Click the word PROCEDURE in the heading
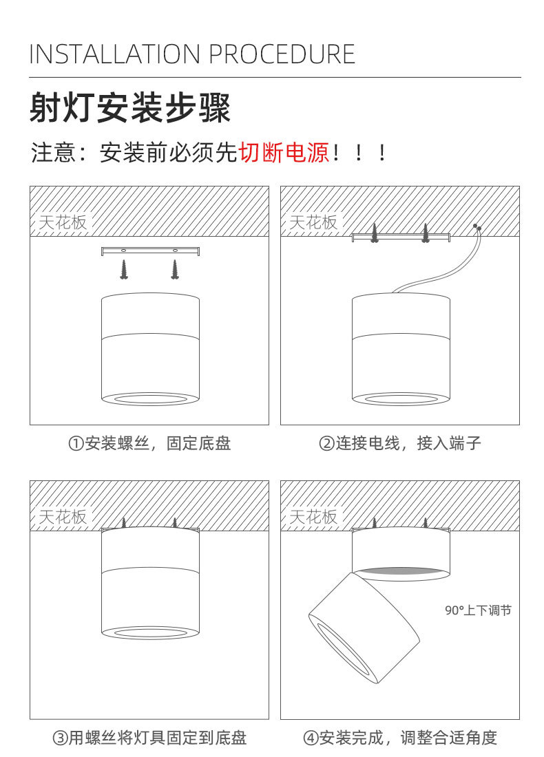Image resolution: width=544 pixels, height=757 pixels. [x=282, y=54]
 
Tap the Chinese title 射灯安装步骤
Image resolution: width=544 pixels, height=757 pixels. [x=130, y=109]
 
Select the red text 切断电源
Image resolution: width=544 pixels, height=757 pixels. [x=284, y=152]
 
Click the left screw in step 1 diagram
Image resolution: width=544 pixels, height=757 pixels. [x=125, y=269]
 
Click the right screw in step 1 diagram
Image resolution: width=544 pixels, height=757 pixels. [x=174, y=269]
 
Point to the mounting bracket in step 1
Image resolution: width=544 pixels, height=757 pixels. [x=150, y=250]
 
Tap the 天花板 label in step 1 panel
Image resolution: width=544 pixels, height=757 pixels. [x=63, y=222]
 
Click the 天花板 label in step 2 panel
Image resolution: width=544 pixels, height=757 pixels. [x=313, y=222]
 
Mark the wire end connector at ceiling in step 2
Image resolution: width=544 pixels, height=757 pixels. [x=477, y=227]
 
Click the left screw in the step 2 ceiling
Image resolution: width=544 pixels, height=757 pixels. [x=375, y=233]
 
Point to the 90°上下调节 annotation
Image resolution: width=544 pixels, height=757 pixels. [x=478, y=610]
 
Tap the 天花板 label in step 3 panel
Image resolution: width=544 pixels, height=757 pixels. [x=63, y=517]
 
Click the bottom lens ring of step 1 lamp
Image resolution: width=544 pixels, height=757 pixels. [x=150, y=398]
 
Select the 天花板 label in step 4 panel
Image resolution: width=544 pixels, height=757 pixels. [x=313, y=517]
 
